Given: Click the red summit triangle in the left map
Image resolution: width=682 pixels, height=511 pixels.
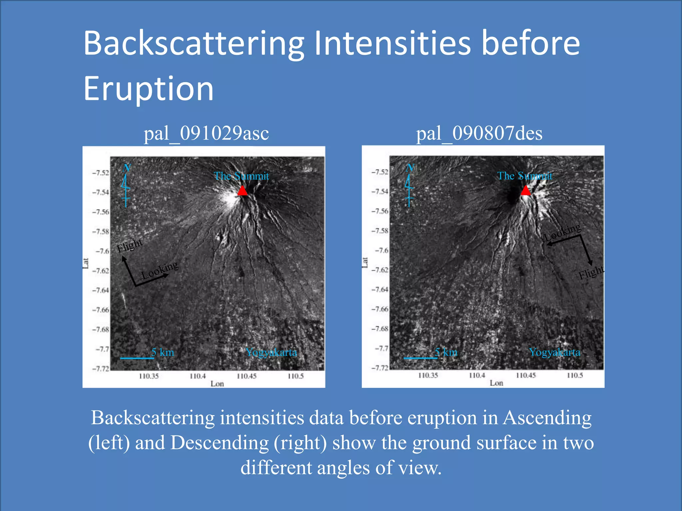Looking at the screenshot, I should pos(242,191).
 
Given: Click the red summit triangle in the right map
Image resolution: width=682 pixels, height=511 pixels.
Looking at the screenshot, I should pos(525,191).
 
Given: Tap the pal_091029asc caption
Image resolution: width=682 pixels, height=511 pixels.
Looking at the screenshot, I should pos(206,133).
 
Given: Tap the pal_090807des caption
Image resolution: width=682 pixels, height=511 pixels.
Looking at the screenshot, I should pos(479,133).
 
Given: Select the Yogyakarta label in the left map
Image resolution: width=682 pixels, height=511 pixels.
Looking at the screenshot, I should pos(271,352).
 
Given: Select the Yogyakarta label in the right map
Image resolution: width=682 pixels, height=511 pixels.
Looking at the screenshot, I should pos(554,352).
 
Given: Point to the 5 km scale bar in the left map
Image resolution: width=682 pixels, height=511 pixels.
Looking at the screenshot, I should pos(137,358).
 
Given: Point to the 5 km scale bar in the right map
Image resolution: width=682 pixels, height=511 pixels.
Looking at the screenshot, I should pos(420,358).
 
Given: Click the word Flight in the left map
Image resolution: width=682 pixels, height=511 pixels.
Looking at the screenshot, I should pos(130,246).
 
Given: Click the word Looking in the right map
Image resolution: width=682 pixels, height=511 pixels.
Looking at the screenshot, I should pos(562,232).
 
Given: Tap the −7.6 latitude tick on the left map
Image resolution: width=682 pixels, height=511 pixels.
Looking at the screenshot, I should pos(103,251).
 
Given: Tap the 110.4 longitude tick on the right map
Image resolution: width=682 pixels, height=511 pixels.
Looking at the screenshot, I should pos(477,376).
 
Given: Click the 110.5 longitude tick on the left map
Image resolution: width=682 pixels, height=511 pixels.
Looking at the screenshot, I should pos(296,376).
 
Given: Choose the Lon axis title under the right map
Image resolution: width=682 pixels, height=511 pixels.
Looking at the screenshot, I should pos(496,383).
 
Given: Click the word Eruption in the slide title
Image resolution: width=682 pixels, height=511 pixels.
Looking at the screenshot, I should pos(149,89).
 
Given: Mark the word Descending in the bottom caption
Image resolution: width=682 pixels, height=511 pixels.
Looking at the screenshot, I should pos(219,443).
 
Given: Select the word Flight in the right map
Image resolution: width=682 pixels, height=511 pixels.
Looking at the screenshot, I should pos(591,273).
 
